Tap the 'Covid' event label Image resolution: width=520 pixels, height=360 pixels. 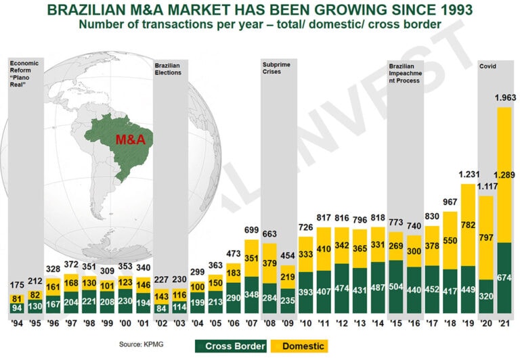coord(487,66)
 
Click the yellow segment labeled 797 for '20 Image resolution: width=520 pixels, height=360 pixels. coord(485,238)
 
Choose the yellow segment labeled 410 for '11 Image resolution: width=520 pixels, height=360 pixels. coord(324,249)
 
